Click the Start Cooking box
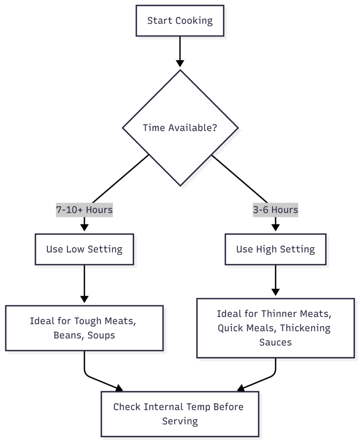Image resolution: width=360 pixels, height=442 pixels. [x=180, y=21]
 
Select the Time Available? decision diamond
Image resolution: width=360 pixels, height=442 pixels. [x=180, y=128]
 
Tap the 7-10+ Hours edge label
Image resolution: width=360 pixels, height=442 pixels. [x=84, y=210]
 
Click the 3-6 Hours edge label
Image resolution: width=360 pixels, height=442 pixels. [x=275, y=210]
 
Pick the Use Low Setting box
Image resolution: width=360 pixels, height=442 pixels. [x=84, y=249]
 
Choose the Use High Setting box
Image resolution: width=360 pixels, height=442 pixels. [x=275, y=249]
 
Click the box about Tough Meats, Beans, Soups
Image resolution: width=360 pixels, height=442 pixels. [x=84, y=328]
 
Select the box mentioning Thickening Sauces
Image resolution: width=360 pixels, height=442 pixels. [x=275, y=328]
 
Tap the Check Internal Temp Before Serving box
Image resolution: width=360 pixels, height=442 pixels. [x=180, y=414]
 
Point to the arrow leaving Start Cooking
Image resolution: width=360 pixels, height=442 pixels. [x=180, y=51]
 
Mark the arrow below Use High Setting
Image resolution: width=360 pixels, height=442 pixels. [x=275, y=280]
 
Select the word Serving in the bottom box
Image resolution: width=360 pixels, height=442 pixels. [x=180, y=421]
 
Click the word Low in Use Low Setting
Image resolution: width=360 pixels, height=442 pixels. [x=74, y=249]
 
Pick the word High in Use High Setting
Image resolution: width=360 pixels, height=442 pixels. [x=265, y=249]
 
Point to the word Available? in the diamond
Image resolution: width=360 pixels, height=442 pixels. [x=193, y=128]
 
